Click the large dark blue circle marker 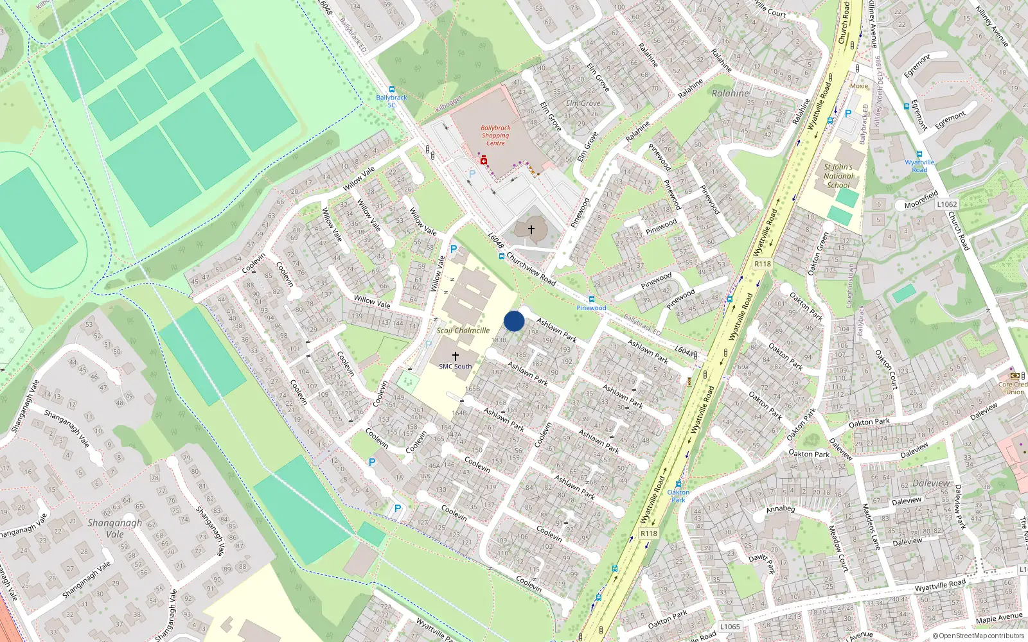[x=514, y=321]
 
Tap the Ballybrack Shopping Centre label [x=495, y=135]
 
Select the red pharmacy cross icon [x=484, y=160]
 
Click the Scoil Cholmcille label [x=463, y=331]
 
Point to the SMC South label [x=455, y=367]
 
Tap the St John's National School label [x=838, y=176]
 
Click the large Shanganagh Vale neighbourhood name [x=114, y=528]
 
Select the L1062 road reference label [x=946, y=204]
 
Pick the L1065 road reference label [x=730, y=627]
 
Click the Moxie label [x=859, y=86]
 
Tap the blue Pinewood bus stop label [x=591, y=308]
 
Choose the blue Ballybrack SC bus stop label [x=391, y=101]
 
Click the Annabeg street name [x=781, y=508]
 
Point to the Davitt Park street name [x=762, y=563]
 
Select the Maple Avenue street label [x=999, y=618]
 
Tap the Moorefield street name [x=921, y=200]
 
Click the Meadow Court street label [x=838, y=548]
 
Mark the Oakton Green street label [x=818, y=254]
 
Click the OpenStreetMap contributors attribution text [x=979, y=636]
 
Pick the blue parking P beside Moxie [x=847, y=114]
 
